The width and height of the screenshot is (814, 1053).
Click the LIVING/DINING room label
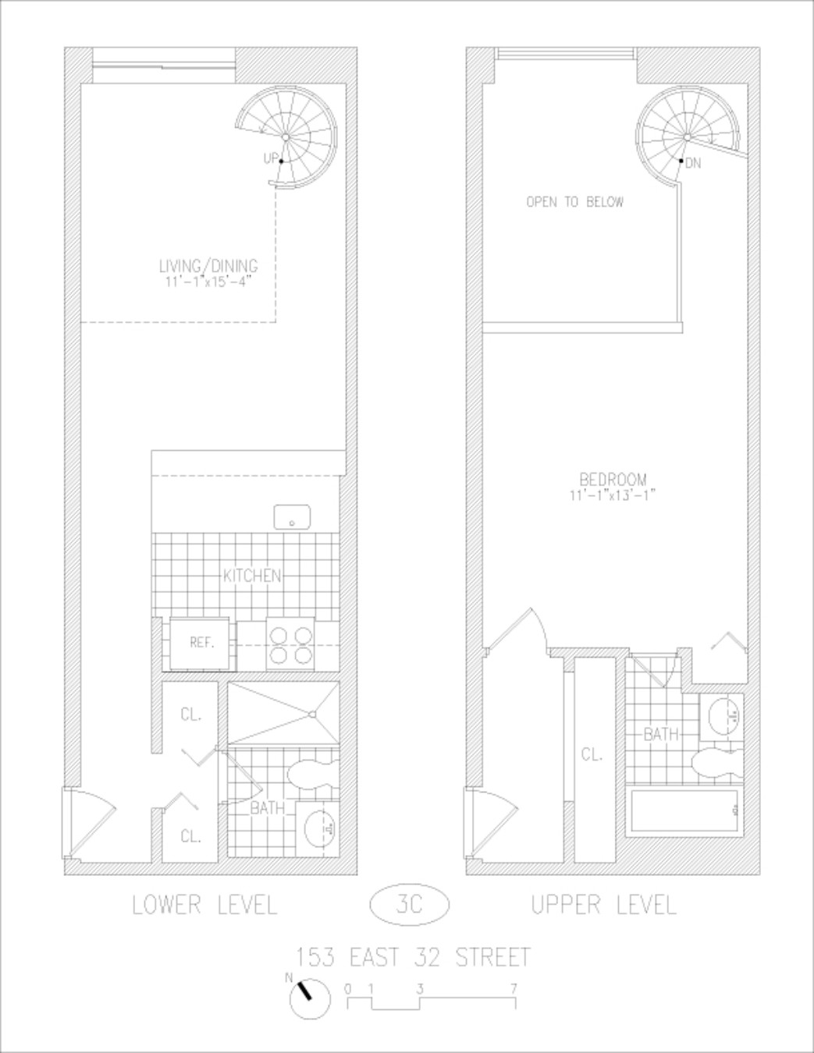208,267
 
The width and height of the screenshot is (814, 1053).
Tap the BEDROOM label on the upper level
613,479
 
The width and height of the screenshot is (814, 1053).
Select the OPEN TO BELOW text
575,202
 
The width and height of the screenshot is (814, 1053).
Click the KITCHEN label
252,576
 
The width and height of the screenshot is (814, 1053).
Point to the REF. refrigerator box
201,643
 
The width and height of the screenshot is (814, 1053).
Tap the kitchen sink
293,516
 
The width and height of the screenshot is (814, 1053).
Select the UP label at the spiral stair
271,158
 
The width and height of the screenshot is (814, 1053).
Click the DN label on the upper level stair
693,163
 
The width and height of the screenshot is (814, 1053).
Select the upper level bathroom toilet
716,761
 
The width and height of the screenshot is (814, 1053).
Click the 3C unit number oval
409,904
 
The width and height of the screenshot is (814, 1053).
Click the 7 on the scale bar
514,989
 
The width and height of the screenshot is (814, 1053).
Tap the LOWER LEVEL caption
204,905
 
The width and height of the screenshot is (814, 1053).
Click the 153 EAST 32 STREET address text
414,956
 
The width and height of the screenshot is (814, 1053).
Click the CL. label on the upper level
592,754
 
